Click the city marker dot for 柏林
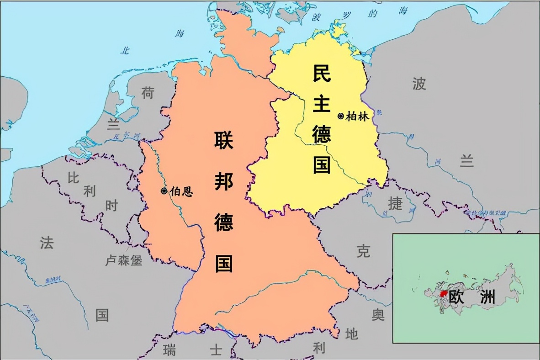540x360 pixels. click(340, 116)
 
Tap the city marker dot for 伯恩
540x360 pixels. click(164, 191)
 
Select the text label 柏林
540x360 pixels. click(357, 116)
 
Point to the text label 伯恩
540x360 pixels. click(181, 191)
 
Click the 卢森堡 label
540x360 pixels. click(124, 260)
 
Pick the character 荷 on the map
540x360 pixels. click(148, 93)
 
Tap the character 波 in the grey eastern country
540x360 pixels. click(419, 84)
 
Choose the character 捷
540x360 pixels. click(395, 203)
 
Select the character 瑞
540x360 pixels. click(169, 350)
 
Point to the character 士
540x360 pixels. click(216, 350)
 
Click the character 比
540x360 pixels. click(73, 178)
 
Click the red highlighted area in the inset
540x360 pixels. click(443, 295)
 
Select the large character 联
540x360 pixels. click(224, 140)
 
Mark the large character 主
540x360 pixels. click(322, 104)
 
